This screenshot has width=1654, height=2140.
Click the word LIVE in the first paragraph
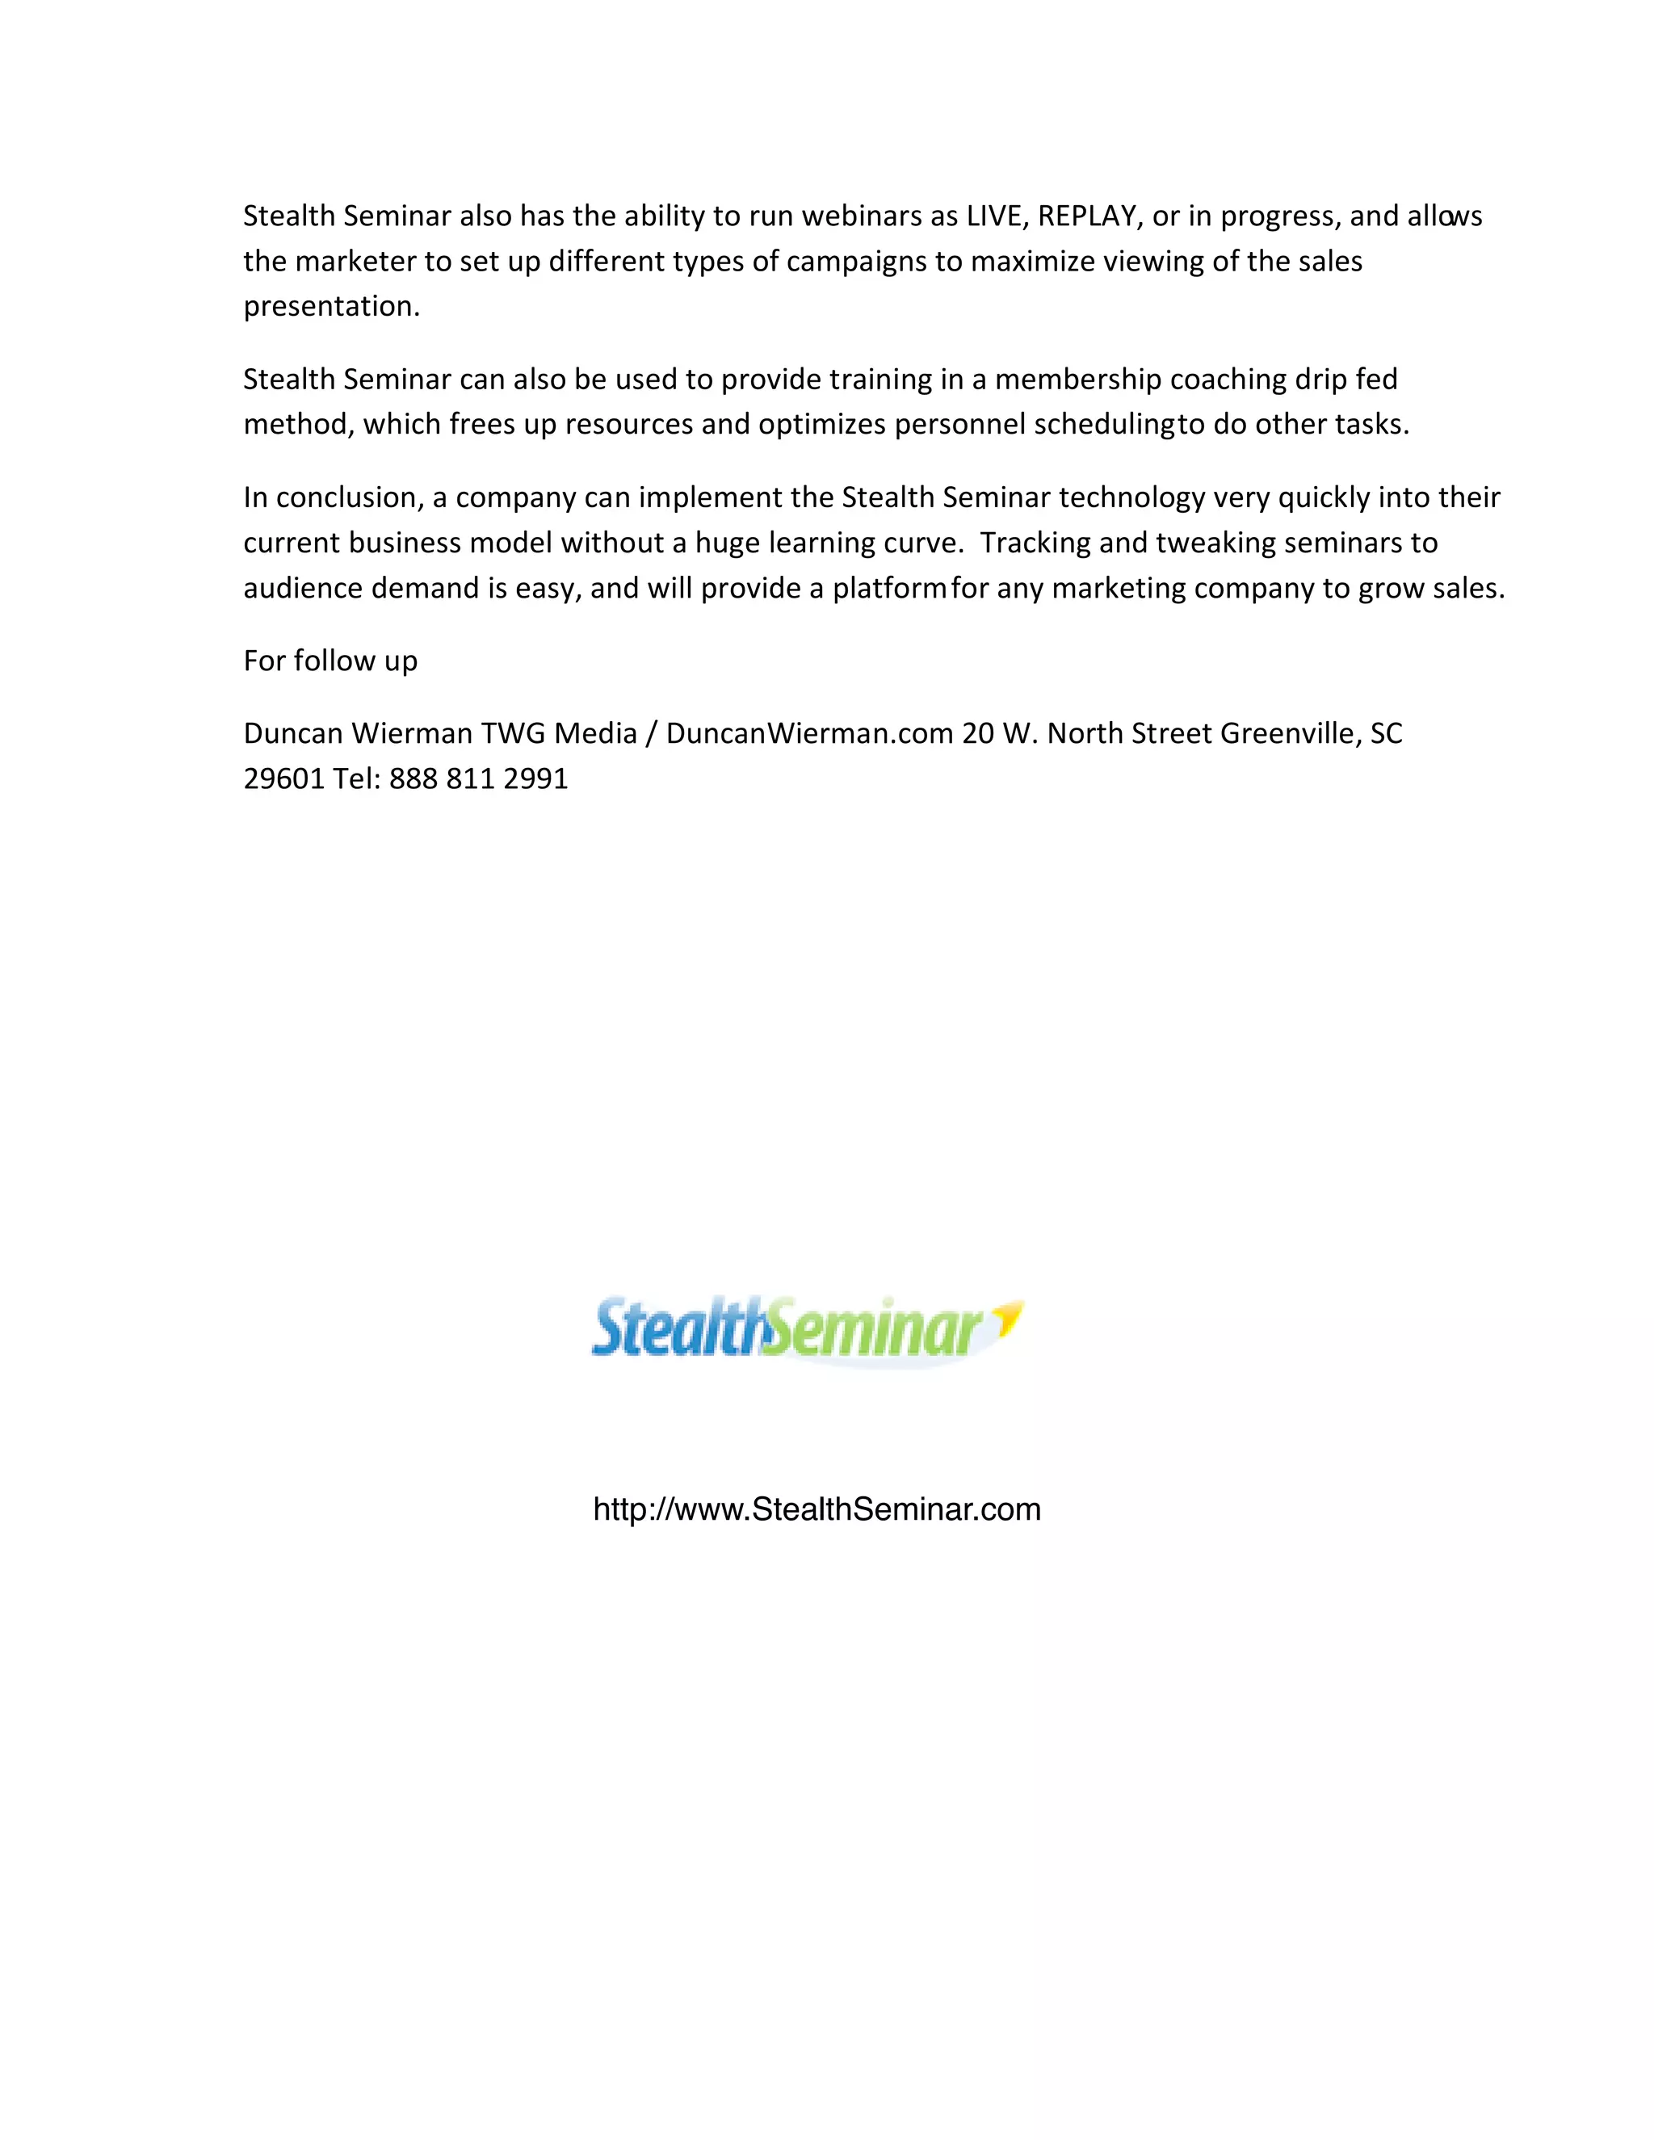993,216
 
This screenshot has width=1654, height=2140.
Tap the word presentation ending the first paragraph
331,307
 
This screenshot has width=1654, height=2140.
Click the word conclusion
350,497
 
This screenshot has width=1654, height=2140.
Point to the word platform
888,588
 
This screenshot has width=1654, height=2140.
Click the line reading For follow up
330,661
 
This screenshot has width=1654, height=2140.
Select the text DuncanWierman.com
809,733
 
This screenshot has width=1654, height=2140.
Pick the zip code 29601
283,779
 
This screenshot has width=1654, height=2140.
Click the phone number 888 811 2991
478,779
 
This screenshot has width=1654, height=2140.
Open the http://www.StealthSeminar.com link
817,1510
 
